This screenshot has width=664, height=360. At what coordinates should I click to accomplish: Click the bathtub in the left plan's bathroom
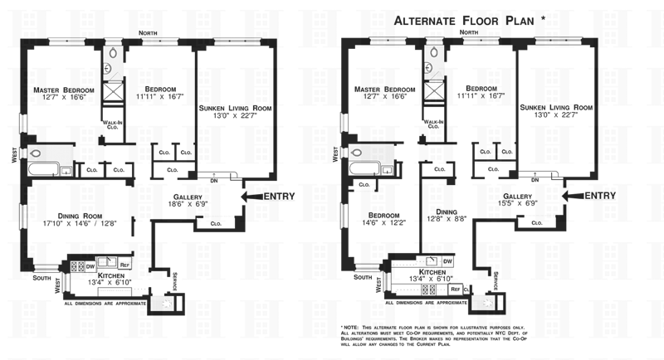coord(46,169)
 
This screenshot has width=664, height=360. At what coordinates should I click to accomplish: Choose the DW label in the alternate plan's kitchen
coord(448,261)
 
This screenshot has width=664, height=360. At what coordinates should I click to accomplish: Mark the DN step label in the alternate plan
coord(535,180)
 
